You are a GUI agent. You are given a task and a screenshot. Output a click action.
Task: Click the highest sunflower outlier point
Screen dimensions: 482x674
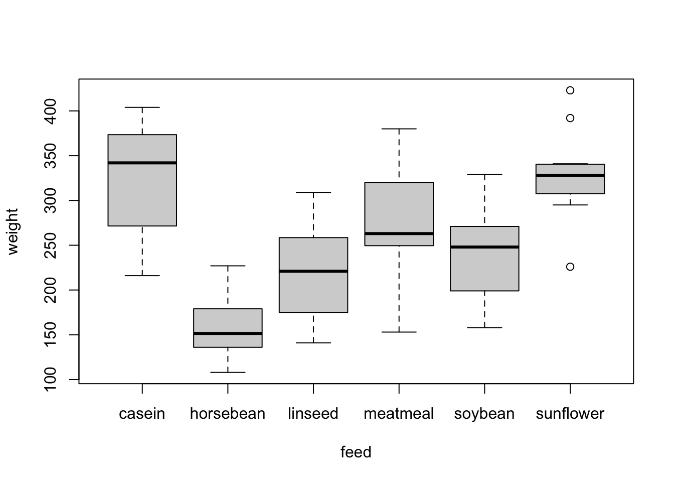tap(570, 90)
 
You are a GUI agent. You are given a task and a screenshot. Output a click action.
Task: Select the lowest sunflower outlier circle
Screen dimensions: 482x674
tap(570, 267)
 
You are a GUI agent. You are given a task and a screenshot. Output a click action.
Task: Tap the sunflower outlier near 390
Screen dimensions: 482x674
tap(570, 118)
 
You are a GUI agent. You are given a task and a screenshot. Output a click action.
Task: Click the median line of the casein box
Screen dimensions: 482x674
tap(142, 163)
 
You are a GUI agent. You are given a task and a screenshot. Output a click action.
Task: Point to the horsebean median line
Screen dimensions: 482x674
tap(228, 333)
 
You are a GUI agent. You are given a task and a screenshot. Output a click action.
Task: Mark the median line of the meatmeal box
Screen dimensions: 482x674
tap(399, 233)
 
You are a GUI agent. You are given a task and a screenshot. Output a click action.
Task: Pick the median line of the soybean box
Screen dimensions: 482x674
tap(484, 247)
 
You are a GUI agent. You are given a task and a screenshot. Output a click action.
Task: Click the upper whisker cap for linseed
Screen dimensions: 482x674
tap(313, 192)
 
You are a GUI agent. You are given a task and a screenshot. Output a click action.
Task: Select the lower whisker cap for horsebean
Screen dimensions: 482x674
tap(228, 372)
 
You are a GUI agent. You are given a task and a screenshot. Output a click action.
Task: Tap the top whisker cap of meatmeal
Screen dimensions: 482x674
tap(399, 129)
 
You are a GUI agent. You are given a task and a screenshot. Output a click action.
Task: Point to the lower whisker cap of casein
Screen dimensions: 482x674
tap(142, 276)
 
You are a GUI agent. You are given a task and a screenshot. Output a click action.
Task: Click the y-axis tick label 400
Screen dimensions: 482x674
tap(51, 111)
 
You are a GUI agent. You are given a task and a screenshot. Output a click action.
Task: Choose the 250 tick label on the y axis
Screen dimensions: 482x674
tap(51, 245)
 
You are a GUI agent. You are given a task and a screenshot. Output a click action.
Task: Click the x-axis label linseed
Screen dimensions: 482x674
tap(313, 414)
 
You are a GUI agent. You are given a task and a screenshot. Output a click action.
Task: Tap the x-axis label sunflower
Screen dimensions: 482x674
tap(570, 414)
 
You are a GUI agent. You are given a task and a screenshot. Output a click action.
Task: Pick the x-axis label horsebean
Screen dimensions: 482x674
tap(228, 414)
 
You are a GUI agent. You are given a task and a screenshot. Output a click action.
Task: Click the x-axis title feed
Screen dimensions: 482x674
tap(356, 452)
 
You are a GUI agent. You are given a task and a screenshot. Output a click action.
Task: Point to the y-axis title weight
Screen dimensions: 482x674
tap(13, 231)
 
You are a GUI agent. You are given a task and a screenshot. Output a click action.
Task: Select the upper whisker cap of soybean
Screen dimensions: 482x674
tap(484, 174)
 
